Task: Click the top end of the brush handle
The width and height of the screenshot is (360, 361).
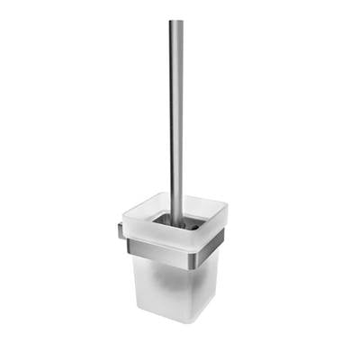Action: pos(176,23)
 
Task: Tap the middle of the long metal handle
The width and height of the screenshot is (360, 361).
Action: pos(176,117)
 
